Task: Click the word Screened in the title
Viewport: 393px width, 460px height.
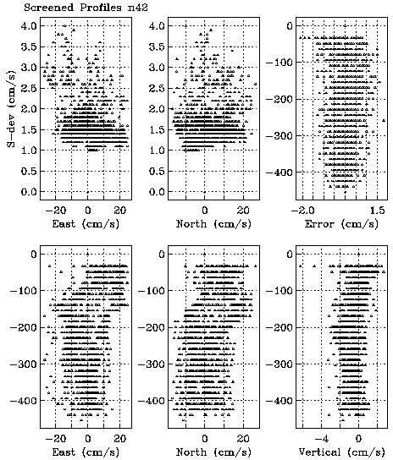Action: (x=48, y=7)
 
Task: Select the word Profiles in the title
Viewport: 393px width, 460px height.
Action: (x=101, y=7)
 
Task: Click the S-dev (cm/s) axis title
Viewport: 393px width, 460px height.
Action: (x=11, y=108)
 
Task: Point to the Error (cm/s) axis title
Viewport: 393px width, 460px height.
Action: (x=341, y=224)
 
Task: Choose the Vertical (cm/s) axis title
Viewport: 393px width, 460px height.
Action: (x=341, y=452)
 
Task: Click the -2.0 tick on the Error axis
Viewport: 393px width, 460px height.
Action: (x=303, y=210)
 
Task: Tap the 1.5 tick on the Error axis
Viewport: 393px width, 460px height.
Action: (x=378, y=210)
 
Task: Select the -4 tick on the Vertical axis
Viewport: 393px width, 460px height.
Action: (x=321, y=438)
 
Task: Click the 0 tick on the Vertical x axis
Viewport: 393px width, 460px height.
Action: (x=358, y=438)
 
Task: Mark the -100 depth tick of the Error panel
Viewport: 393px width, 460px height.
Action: (x=279, y=63)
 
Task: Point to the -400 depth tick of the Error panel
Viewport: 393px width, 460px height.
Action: (x=279, y=172)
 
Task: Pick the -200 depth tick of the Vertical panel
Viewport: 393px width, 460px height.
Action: (x=279, y=327)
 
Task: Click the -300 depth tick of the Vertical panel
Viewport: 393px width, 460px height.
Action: (x=279, y=364)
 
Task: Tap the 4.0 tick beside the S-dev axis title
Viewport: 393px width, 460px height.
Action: (x=29, y=26)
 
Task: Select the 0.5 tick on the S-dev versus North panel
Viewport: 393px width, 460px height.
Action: (x=157, y=171)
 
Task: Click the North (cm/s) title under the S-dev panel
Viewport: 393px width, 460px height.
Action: (x=213, y=224)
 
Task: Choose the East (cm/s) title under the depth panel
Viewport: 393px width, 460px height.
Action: (x=86, y=452)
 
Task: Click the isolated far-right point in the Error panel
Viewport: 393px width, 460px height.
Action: (x=384, y=120)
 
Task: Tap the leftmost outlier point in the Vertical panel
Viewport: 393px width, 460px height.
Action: (x=301, y=266)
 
